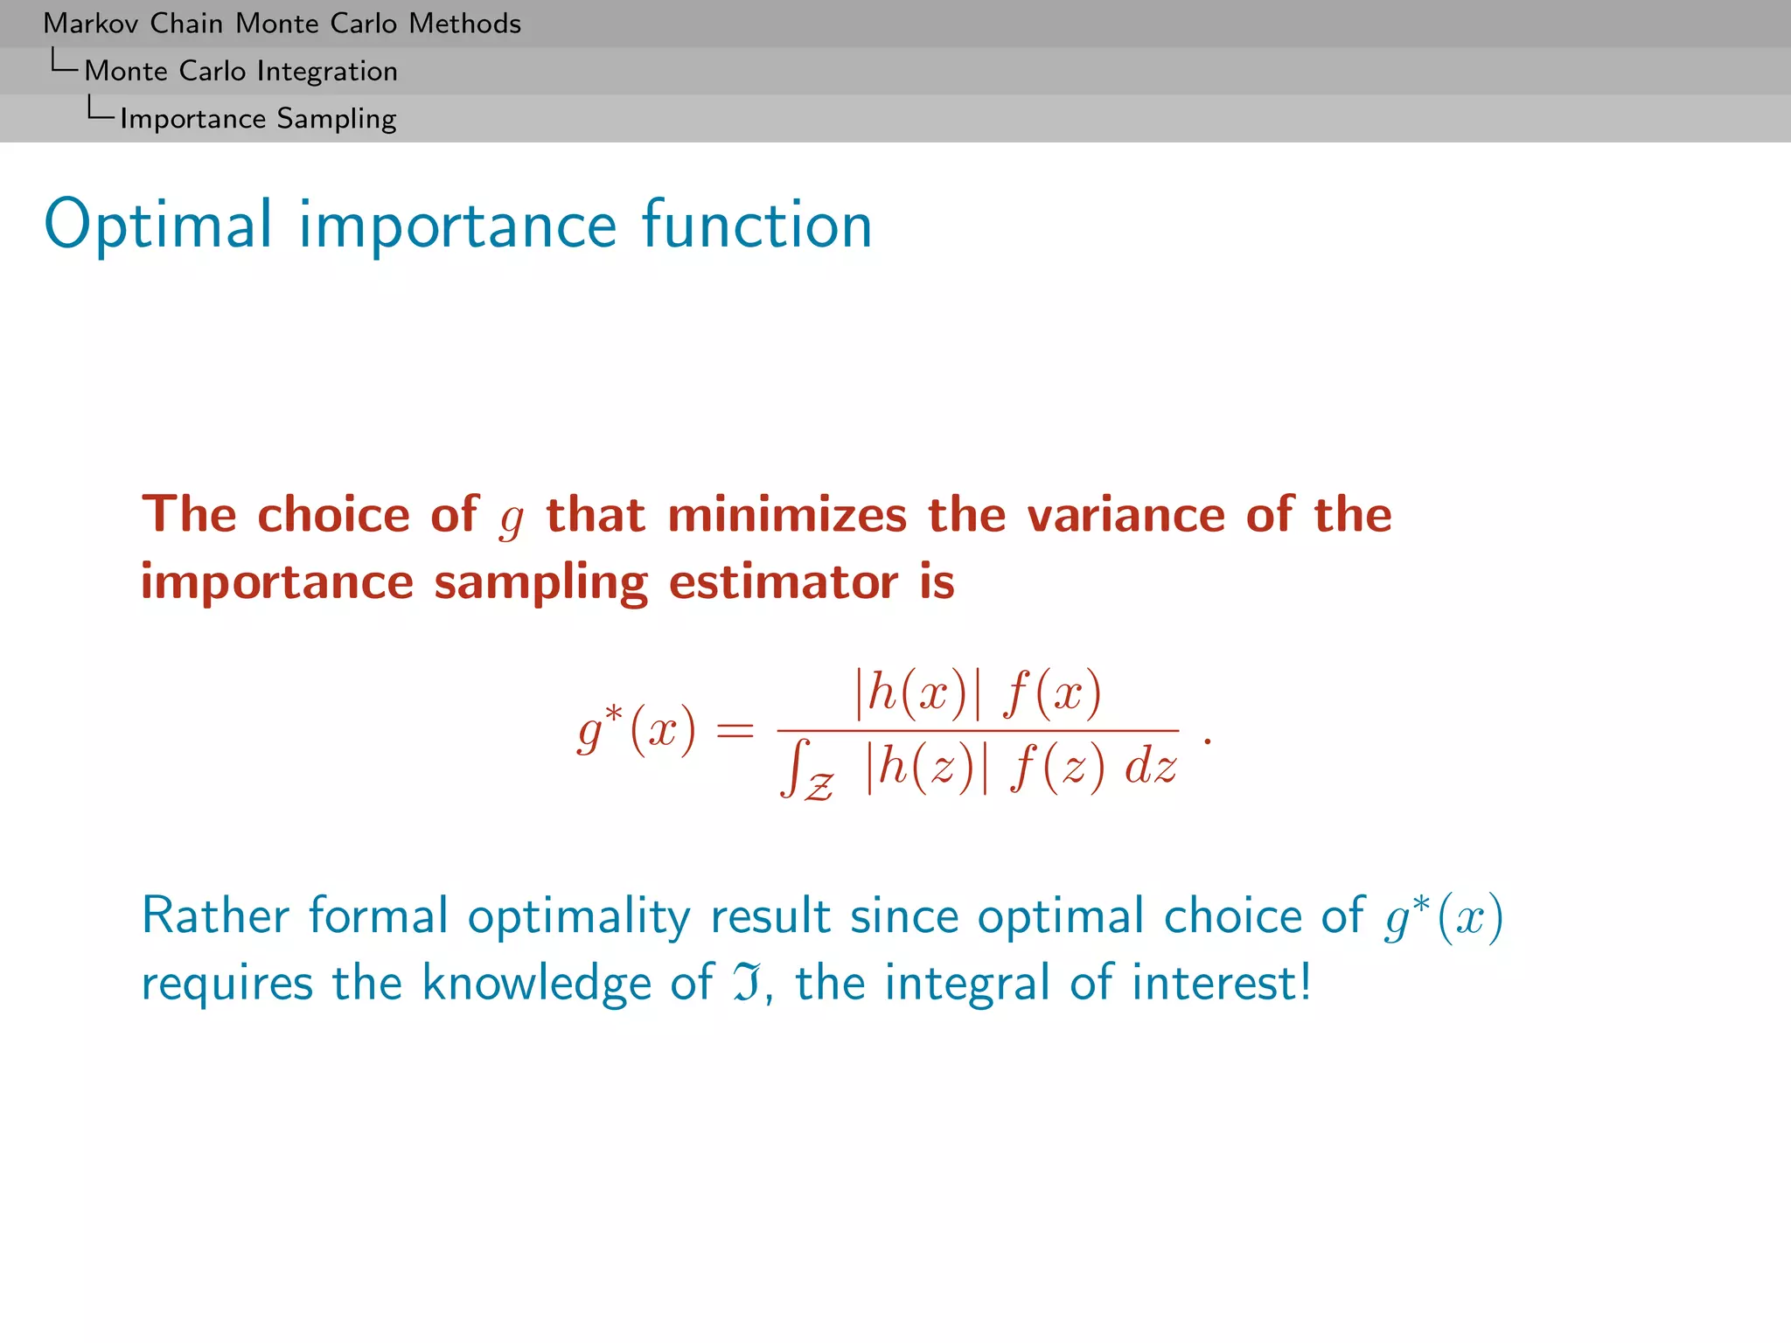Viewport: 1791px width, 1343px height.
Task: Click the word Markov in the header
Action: coord(90,24)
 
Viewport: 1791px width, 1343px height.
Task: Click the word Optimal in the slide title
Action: coord(158,226)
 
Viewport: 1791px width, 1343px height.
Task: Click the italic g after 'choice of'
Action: coord(512,518)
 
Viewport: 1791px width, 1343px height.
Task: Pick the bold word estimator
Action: coord(783,582)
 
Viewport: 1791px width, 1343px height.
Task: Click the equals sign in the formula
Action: coord(735,729)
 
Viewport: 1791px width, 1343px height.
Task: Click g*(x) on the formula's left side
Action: coord(637,729)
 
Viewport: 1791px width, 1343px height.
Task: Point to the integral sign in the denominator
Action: coord(794,768)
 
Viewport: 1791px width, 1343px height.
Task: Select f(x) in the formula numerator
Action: coord(1052,694)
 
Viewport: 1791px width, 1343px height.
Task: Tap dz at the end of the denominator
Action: coord(1150,768)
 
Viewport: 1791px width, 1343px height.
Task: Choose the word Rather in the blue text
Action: coord(215,916)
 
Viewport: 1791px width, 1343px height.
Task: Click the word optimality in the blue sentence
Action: coord(579,916)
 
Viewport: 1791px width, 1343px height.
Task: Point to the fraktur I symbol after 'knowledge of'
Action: coord(746,983)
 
